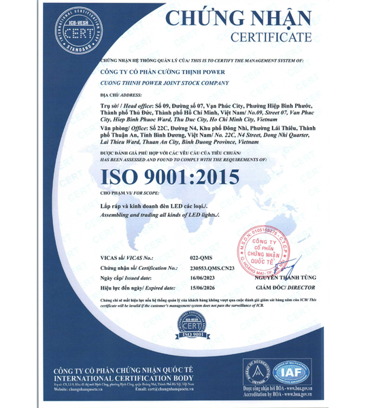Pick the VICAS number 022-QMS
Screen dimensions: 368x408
pos(201,258)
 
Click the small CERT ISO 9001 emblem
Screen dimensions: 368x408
pos(184,328)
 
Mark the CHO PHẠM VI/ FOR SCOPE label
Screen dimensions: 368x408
pos(126,194)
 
